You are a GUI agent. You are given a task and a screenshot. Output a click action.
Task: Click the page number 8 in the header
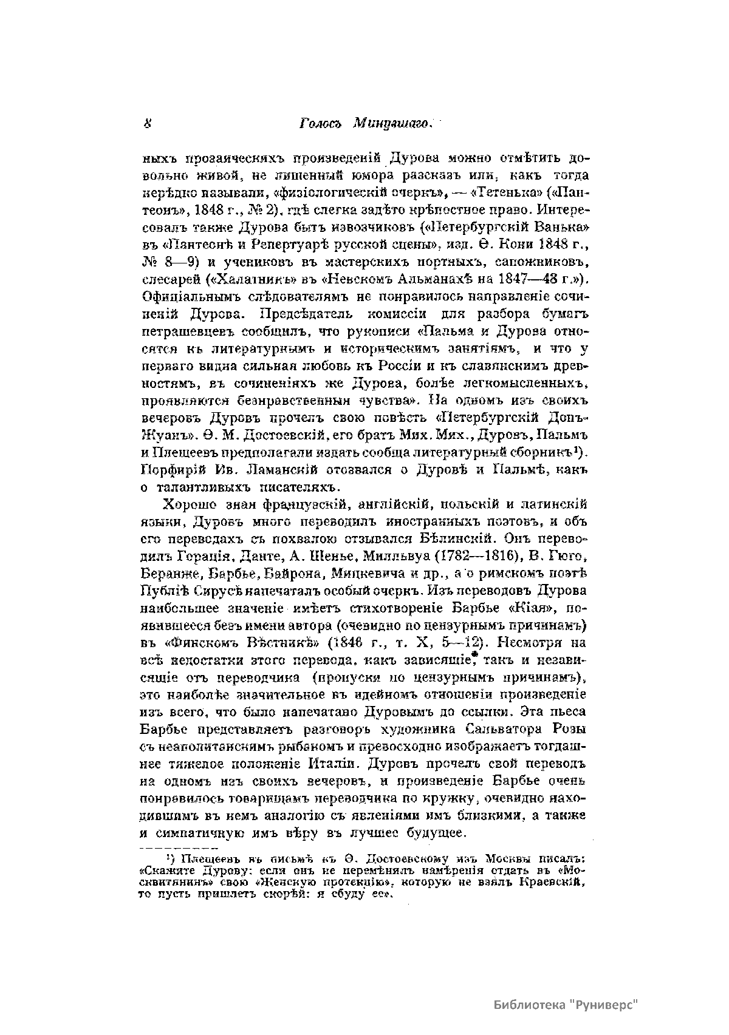pos(148,124)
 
